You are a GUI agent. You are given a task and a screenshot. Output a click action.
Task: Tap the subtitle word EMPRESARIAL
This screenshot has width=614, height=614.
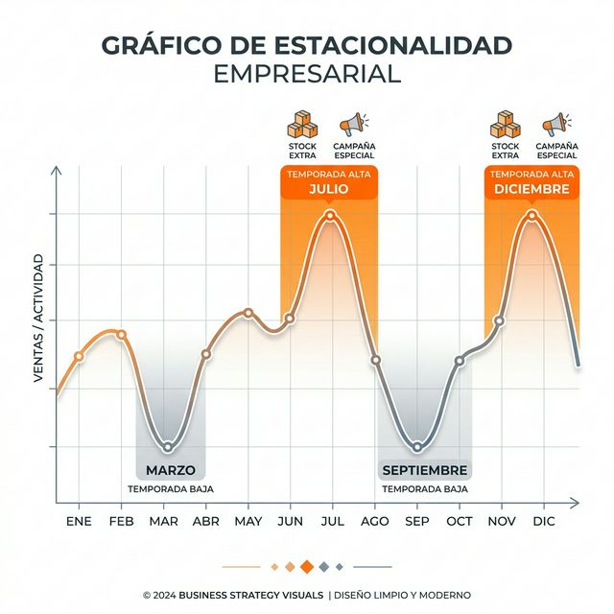[x=306, y=75]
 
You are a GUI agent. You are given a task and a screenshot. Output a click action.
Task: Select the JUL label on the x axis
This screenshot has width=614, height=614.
[x=333, y=521]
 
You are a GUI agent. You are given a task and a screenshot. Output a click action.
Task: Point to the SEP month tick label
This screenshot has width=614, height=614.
[x=417, y=521]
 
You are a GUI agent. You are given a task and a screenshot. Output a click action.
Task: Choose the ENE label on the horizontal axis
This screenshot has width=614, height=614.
[x=79, y=521]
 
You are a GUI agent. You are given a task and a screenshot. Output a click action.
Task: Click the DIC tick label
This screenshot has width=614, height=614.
[x=544, y=521]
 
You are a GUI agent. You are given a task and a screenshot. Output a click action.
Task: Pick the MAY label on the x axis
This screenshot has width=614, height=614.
[x=248, y=521]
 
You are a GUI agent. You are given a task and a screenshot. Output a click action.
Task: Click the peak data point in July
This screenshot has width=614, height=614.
[x=331, y=215]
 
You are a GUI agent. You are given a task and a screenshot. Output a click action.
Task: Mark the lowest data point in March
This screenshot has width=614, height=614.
[x=167, y=446]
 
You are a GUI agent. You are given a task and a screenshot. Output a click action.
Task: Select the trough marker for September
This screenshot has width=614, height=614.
[x=416, y=447]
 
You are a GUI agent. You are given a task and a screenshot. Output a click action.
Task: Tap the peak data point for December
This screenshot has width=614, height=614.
[x=532, y=215]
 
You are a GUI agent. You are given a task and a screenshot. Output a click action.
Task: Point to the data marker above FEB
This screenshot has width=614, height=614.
[x=121, y=334]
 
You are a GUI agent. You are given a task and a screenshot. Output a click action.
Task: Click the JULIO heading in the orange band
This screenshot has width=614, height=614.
[x=329, y=189]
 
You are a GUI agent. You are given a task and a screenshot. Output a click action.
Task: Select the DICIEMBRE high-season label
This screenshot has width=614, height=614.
[x=531, y=189]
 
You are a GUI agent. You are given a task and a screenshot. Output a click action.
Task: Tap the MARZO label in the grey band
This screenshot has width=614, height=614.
[x=171, y=470]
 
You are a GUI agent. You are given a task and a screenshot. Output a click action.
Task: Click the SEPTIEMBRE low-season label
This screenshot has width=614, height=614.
[x=424, y=470]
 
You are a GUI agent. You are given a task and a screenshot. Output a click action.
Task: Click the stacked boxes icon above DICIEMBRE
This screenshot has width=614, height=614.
[x=504, y=124]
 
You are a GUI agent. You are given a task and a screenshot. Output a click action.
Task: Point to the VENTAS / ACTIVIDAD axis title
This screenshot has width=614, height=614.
[x=39, y=319]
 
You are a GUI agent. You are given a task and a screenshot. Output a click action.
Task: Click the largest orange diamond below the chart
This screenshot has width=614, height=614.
[x=307, y=566]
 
